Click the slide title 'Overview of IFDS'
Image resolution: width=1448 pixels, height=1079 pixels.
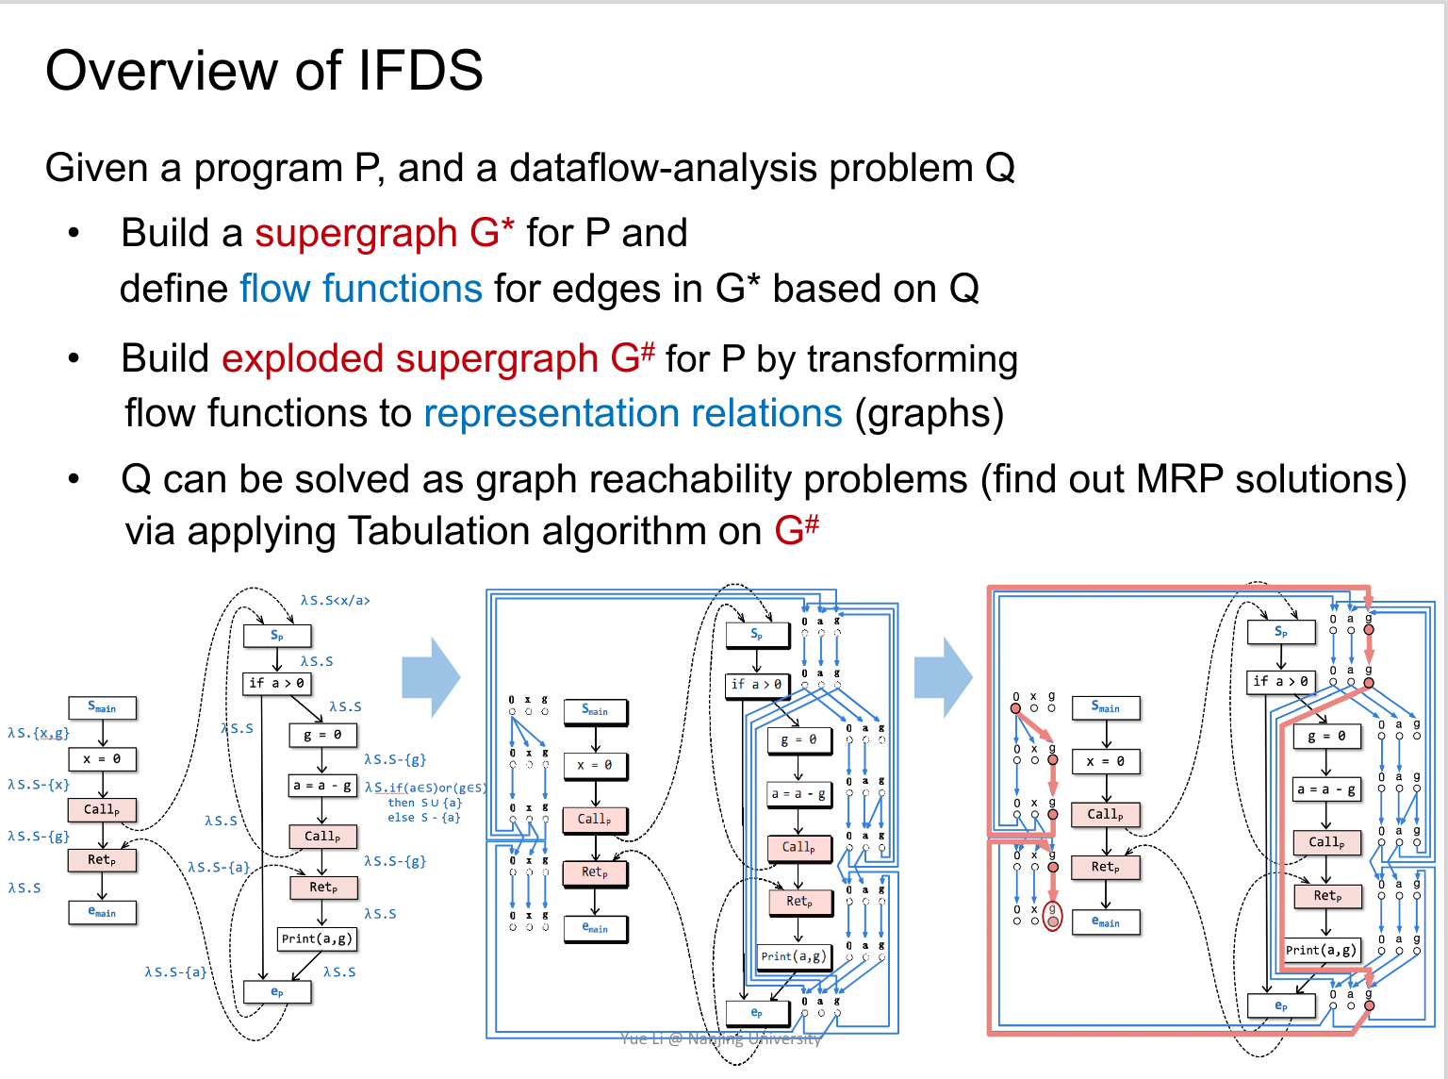(264, 71)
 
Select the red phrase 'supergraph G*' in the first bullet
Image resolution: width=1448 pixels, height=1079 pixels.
(385, 233)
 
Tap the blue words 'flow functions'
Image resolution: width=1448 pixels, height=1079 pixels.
(361, 289)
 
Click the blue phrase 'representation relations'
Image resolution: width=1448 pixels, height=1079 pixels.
(633, 413)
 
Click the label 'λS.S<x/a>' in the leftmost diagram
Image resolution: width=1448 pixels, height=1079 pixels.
(335, 601)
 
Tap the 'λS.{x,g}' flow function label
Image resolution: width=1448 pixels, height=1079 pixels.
(39, 733)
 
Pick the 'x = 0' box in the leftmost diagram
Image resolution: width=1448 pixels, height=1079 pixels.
(102, 758)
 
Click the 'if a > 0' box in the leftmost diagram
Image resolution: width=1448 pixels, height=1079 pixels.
(276, 683)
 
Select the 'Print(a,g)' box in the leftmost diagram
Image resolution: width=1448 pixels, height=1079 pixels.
(317, 938)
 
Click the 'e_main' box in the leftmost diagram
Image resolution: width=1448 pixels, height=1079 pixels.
(102, 912)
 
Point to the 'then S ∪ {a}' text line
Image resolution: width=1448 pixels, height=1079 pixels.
(424, 803)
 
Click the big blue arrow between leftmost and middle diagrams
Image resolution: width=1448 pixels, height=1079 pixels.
(431, 677)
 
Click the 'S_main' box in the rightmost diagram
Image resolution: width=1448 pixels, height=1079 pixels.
(1106, 706)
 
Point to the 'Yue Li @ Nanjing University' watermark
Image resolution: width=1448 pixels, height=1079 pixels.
(720, 1038)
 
